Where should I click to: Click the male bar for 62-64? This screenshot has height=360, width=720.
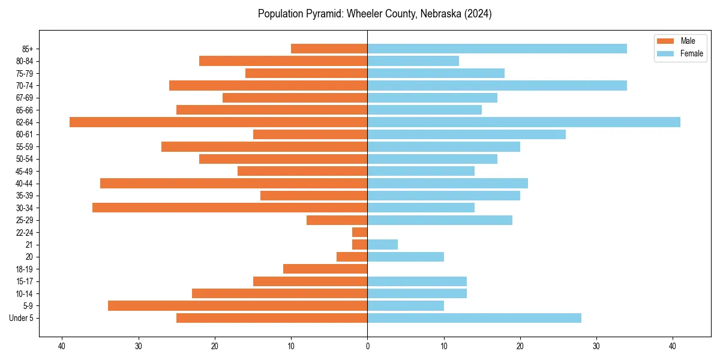pyautogui.click(x=218, y=122)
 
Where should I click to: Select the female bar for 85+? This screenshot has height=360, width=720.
pyautogui.click(x=497, y=49)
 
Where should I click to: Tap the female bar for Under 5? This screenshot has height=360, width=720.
pyautogui.click(x=474, y=318)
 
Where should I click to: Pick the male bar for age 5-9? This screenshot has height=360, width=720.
pyautogui.click(x=238, y=305)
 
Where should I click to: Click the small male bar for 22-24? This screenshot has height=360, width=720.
pyautogui.click(x=360, y=232)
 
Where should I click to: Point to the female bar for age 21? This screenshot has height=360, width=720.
pyautogui.click(x=382, y=244)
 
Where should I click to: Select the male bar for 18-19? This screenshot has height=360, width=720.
pyautogui.click(x=325, y=269)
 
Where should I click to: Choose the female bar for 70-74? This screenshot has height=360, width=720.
pyautogui.click(x=497, y=85)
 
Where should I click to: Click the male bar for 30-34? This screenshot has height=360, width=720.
pyautogui.click(x=230, y=208)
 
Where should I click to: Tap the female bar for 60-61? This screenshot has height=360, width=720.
pyautogui.click(x=466, y=134)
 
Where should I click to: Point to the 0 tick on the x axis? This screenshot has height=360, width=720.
pyautogui.click(x=367, y=346)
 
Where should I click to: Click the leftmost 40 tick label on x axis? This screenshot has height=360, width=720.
pyautogui.click(x=62, y=346)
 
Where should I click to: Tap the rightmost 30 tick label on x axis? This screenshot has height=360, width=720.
pyautogui.click(x=596, y=346)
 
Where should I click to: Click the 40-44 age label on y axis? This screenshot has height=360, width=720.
pyautogui.click(x=24, y=183)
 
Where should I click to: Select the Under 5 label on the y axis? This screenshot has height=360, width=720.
pyautogui.click(x=21, y=318)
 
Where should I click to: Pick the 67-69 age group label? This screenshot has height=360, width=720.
pyautogui.click(x=24, y=98)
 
